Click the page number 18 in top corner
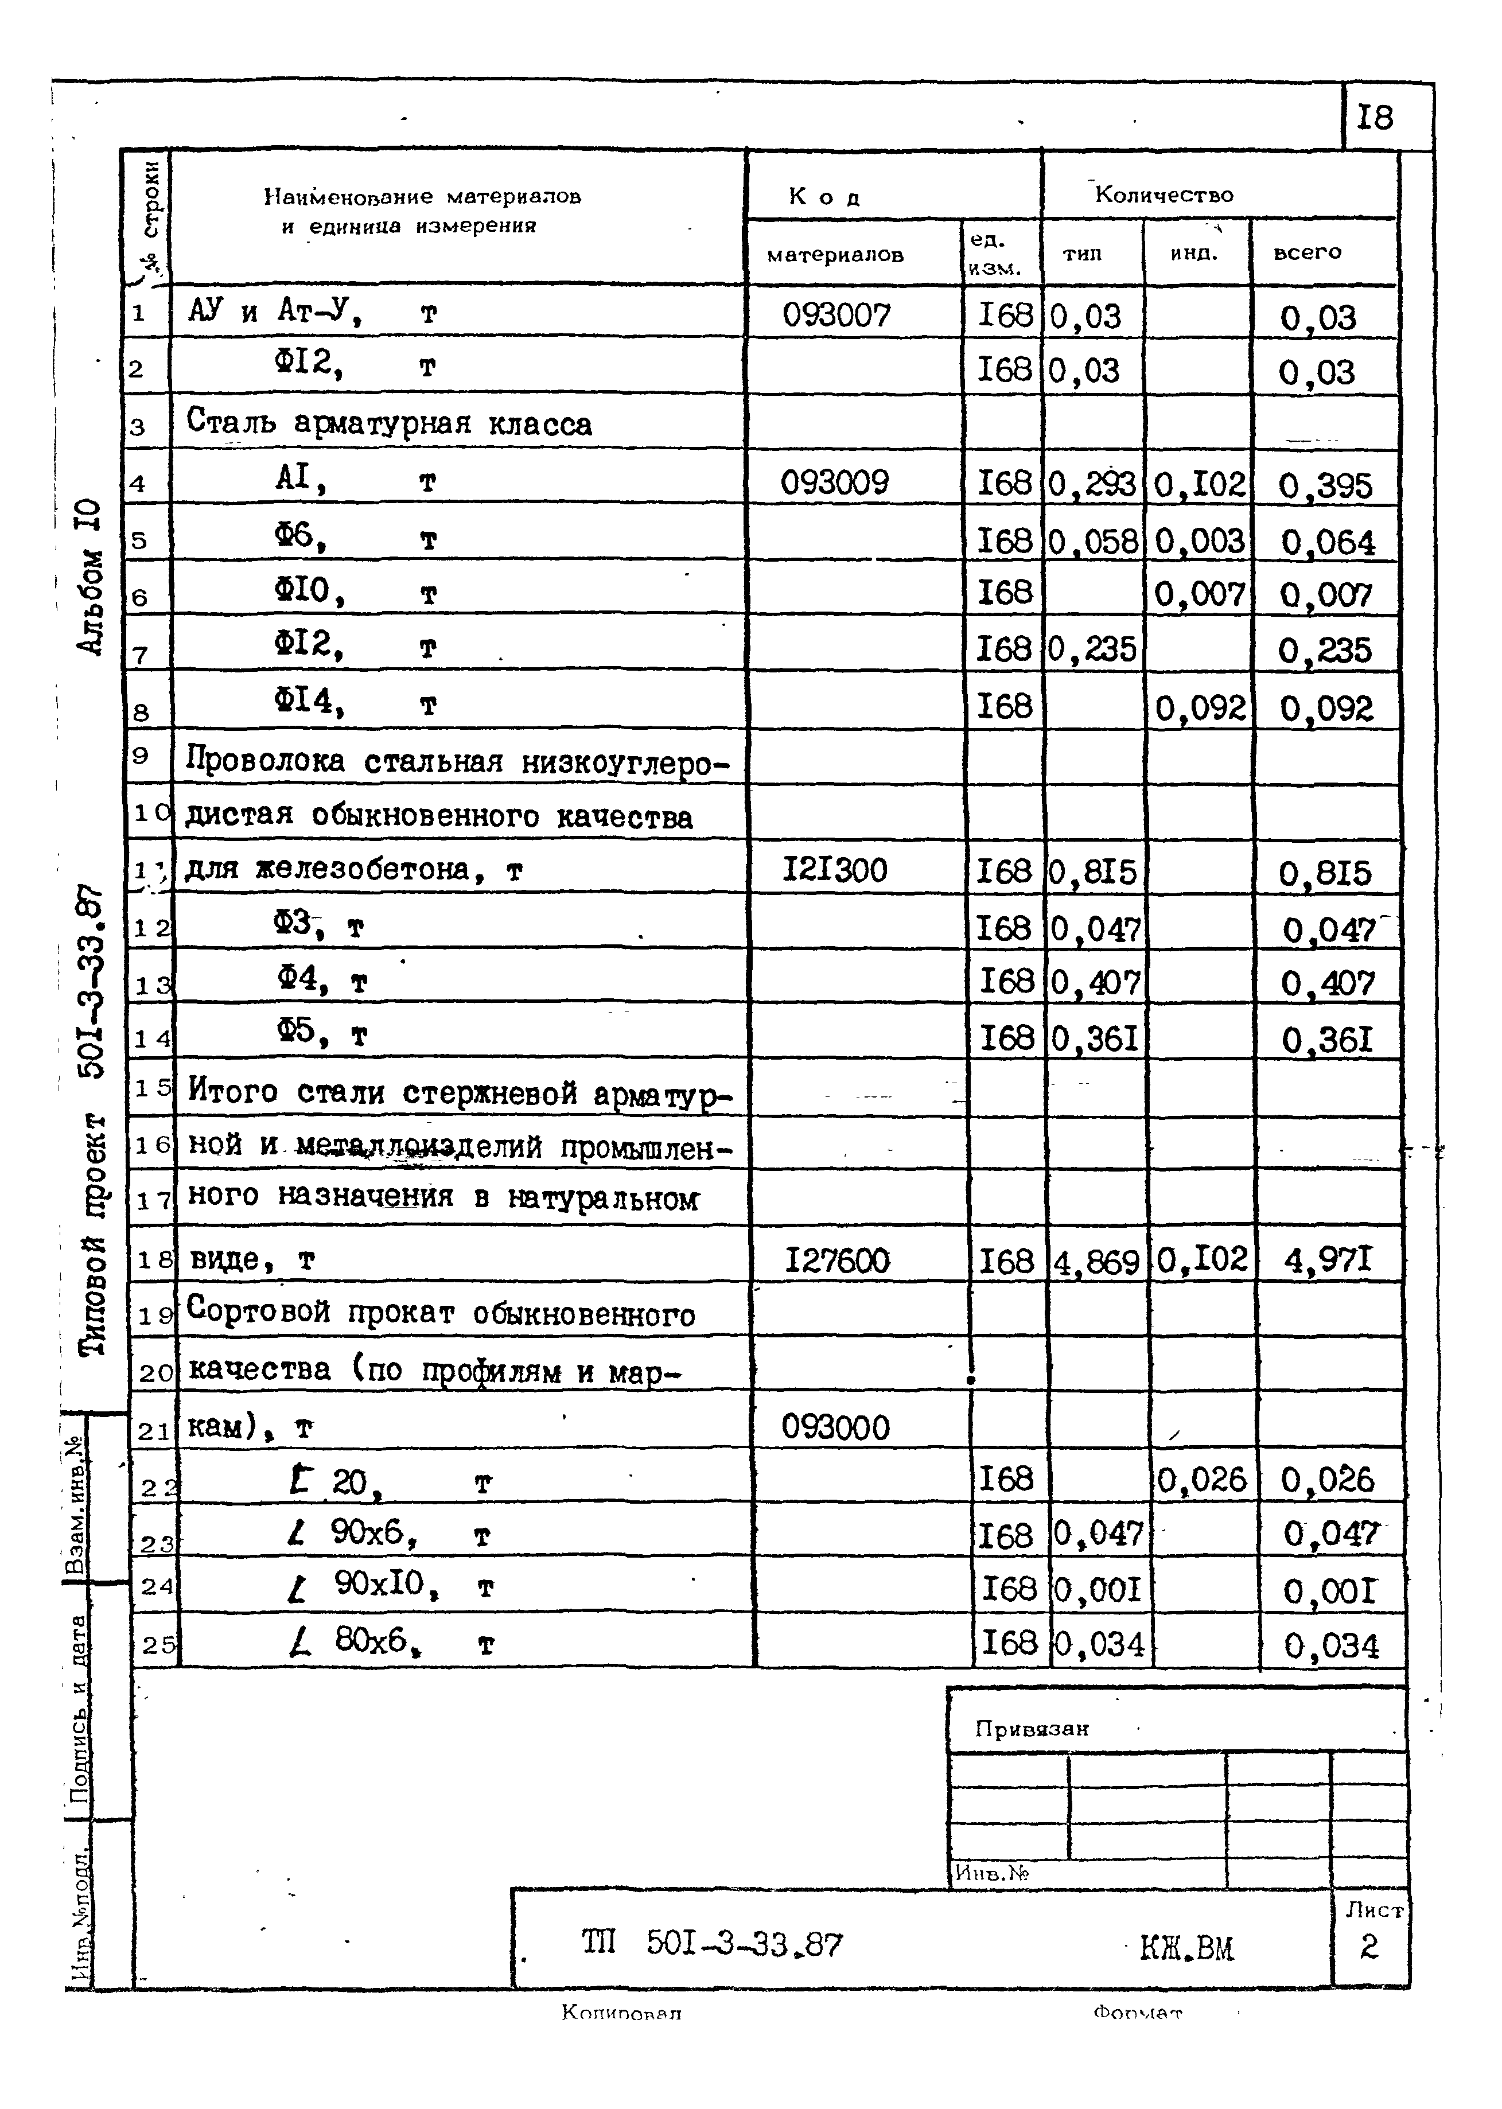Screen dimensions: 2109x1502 (x=1375, y=118)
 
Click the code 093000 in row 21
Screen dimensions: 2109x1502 (x=835, y=1427)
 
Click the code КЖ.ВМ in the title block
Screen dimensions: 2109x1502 (x=1186, y=1948)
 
